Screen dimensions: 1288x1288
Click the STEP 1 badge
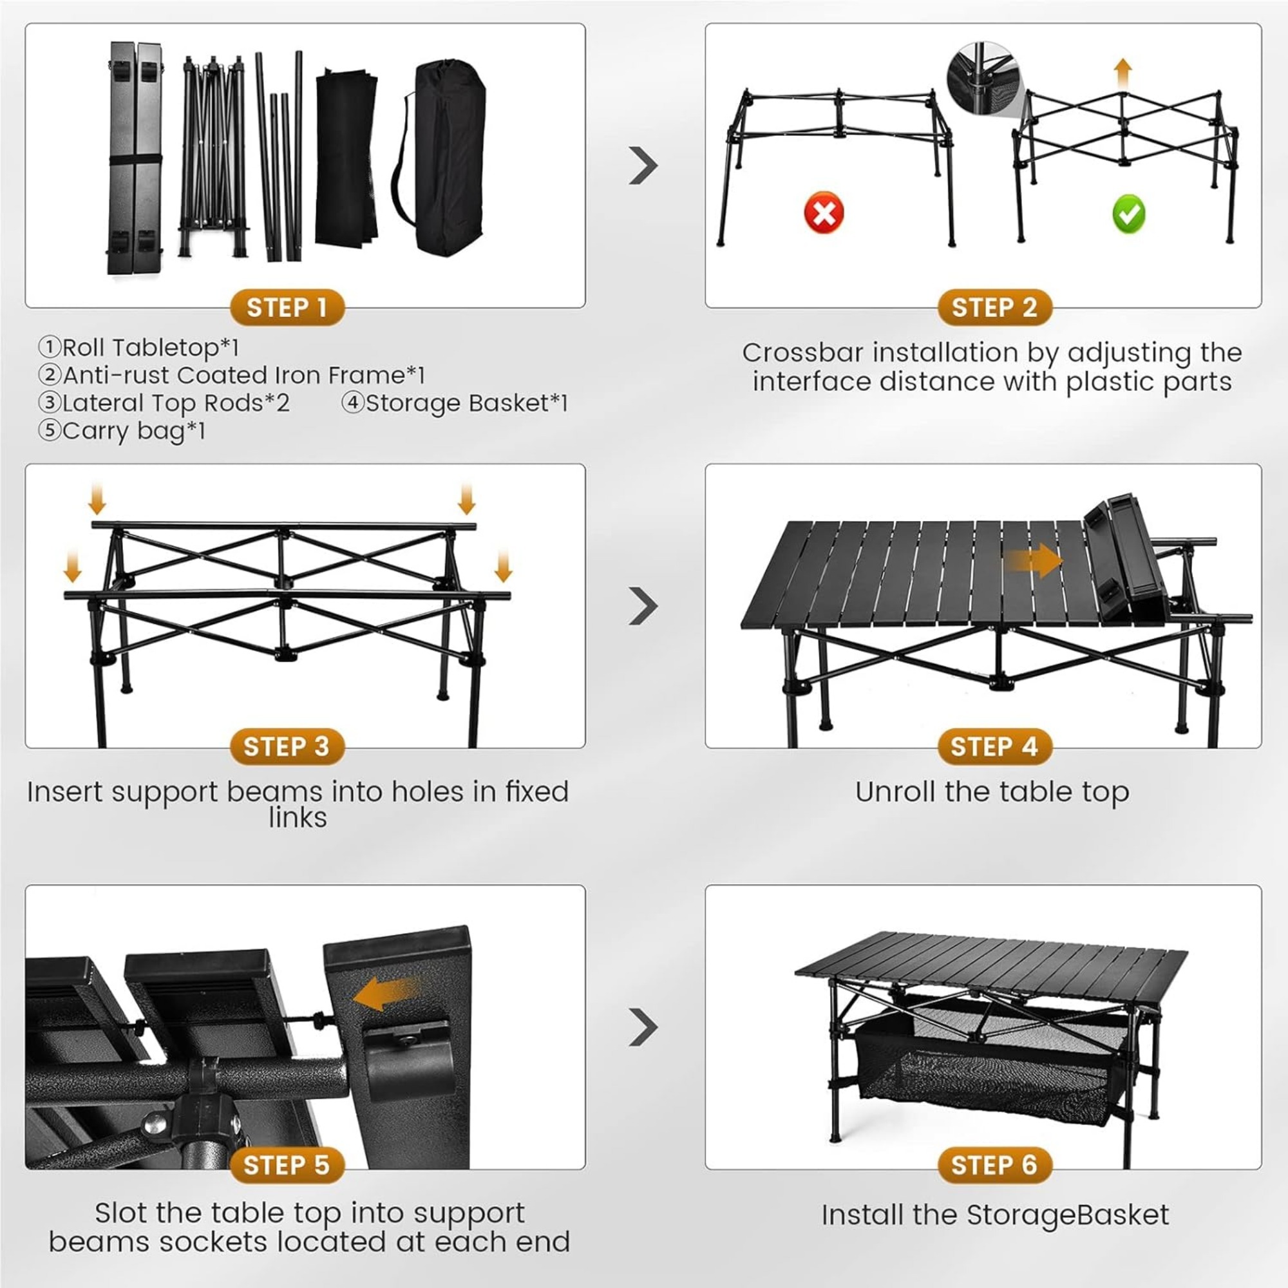click(x=287, y=308)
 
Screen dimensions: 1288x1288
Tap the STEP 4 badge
click(x=993, y=746)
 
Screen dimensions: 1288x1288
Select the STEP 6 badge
click(x=993, y=1166)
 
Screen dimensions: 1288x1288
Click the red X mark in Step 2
click(x=824, y=213)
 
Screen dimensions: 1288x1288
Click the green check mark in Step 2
click(x=1128, y=214)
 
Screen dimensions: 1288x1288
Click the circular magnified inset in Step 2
click(x=983, y=78)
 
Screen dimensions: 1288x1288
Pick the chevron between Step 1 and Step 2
click(x=643, y=166)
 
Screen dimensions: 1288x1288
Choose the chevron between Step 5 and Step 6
click(x=643, y=1027)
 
